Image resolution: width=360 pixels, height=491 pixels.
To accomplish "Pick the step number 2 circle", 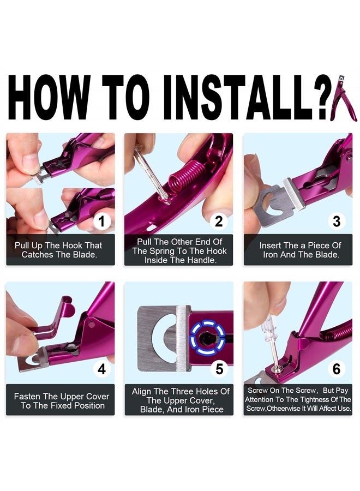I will tap(219, 221).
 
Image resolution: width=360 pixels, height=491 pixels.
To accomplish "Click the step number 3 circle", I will tap(337, 221).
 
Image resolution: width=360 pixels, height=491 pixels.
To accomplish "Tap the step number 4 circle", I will tap(101, 369).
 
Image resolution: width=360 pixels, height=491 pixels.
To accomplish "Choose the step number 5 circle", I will tap(219, 369).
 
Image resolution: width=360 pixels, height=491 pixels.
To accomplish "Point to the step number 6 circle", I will tap(337, 369).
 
